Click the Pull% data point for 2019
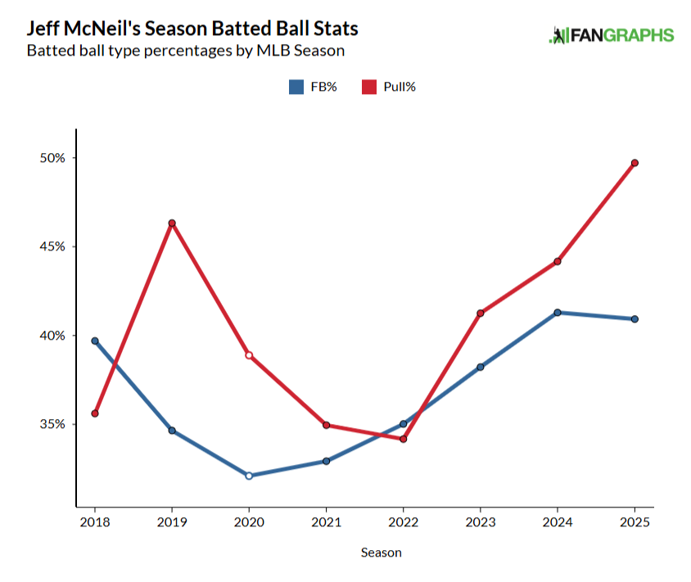tap(172, 223)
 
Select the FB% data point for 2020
tap(249, 476)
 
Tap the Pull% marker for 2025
tap(635, 163)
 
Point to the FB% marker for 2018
tap(95, 341)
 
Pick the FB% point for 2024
tap(558, 313)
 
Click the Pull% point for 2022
tap(404, 440)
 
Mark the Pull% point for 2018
tap(95, 413)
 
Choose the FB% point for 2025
tap(635, 319)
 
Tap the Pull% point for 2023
tap(481, 314)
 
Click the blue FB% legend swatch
tap(296, 87)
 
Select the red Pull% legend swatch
tap(368, 87)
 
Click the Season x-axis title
tap(382, 553)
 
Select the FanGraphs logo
tap(611, 35)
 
